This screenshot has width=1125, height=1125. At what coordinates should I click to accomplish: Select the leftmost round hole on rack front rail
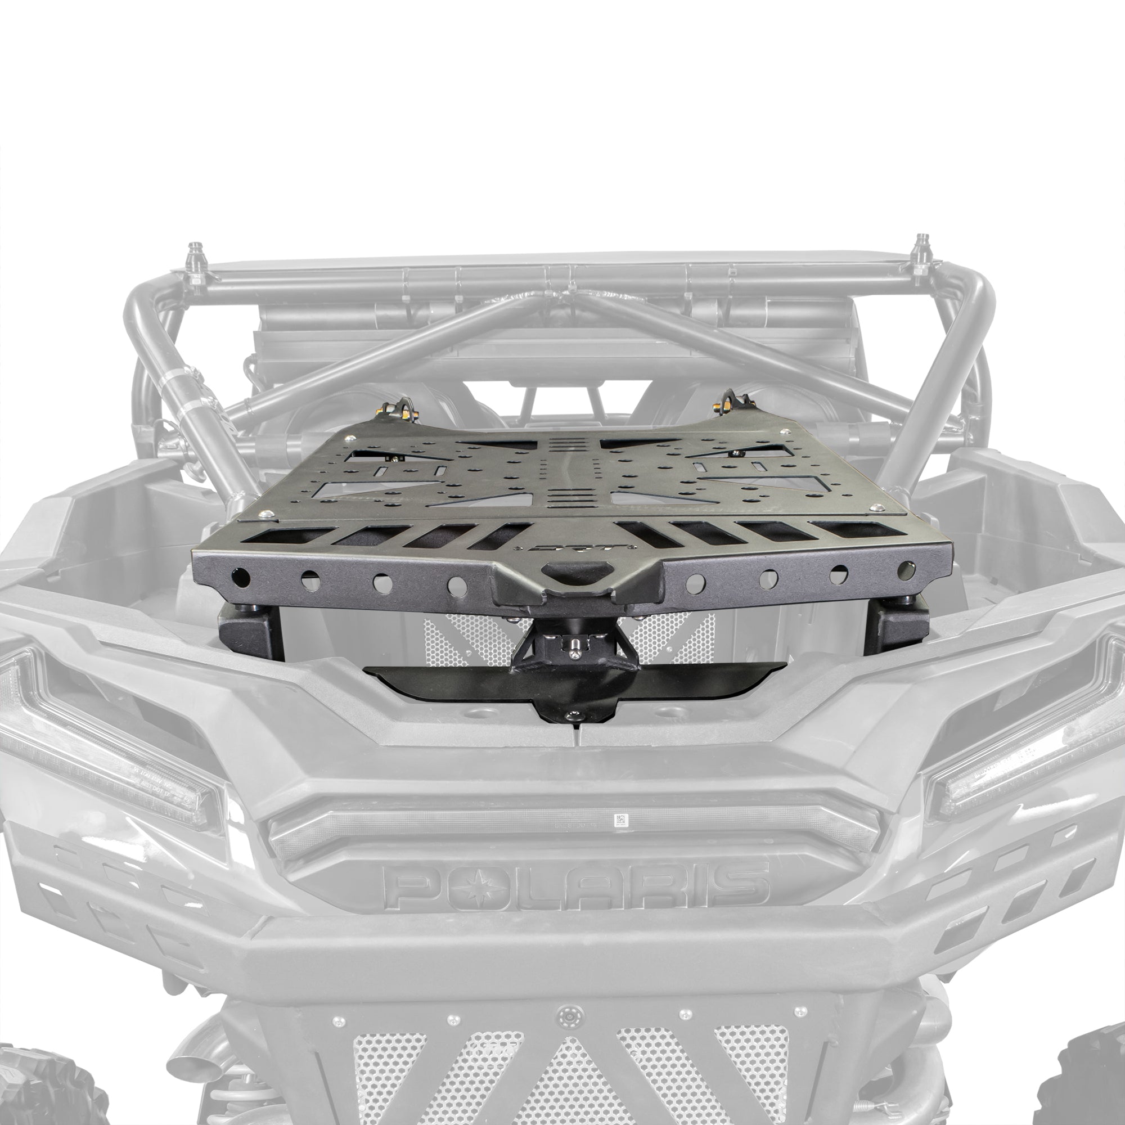coord(241,578)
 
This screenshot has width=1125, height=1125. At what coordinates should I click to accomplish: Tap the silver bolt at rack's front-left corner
coord(267,514)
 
